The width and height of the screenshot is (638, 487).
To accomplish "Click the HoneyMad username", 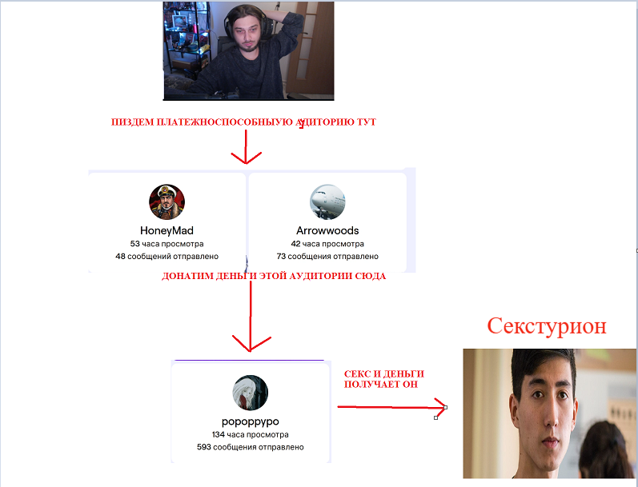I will click(167, 230).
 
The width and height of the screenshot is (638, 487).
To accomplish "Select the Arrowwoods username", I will click(327, 230).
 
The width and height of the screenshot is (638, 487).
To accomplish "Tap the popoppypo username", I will click(250, 421).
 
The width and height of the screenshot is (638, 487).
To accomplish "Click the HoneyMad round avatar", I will click(167, 202).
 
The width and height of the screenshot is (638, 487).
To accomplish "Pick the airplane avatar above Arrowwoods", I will click(327, 202).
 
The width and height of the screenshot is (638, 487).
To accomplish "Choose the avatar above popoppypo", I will click(250, 393).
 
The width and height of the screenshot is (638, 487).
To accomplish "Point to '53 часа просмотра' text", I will click(167, 244).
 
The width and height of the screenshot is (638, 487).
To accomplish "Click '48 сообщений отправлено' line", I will click(167, 257).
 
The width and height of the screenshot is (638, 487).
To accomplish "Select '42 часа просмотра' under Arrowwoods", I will click(327, 244).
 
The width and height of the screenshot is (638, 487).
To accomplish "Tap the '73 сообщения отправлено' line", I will click(327, 257).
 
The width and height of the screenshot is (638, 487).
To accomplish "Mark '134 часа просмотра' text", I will click(250, 434).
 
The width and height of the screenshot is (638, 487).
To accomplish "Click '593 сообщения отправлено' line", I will click(250, 447).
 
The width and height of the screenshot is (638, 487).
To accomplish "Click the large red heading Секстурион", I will click(547, 326).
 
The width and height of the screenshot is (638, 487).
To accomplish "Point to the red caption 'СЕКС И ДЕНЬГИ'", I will click(383, 373).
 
